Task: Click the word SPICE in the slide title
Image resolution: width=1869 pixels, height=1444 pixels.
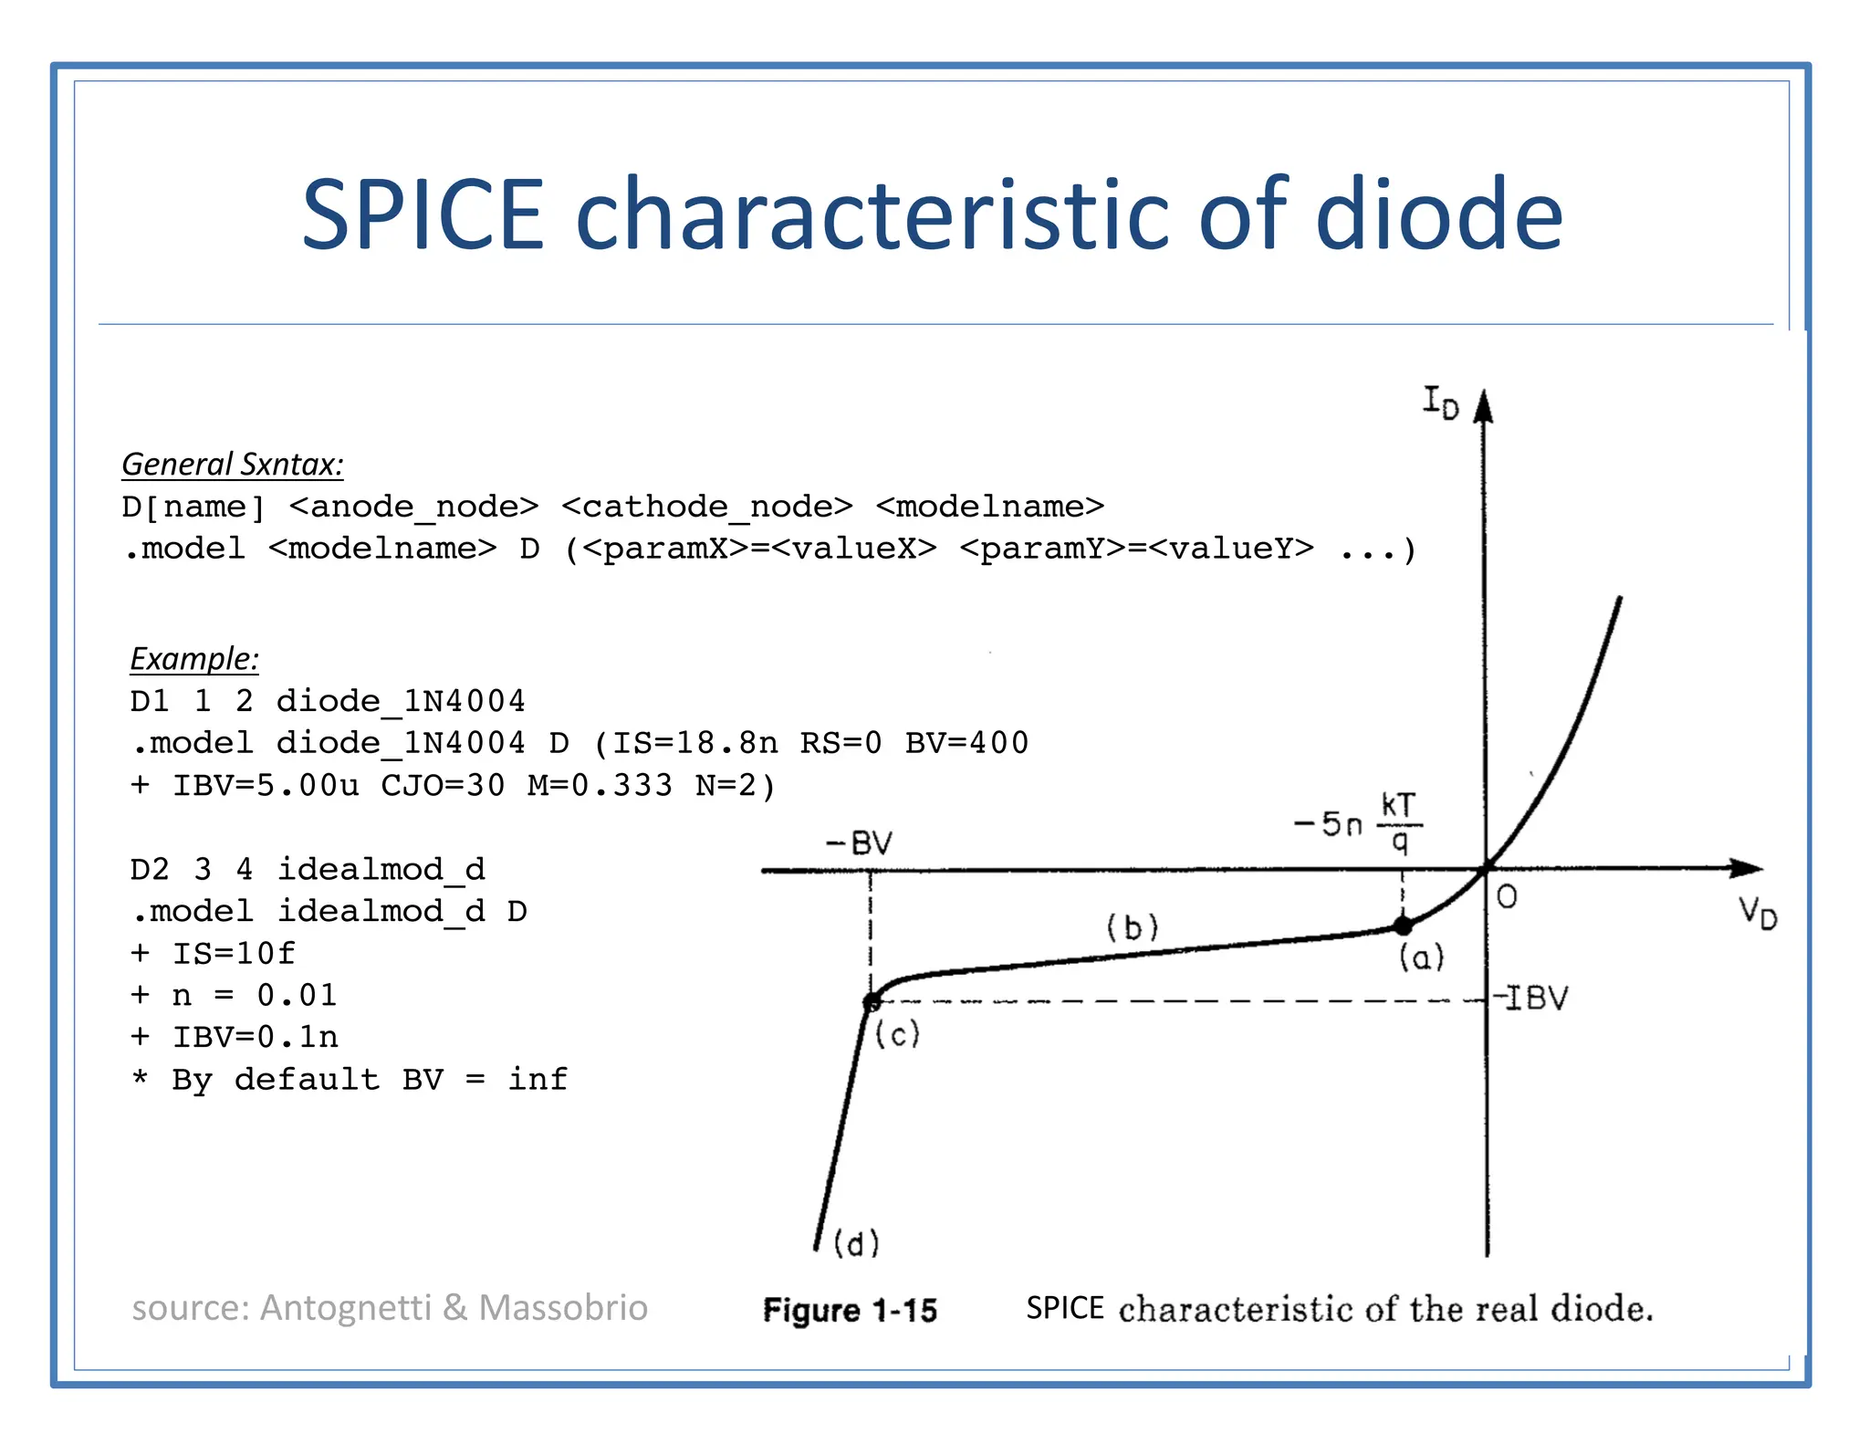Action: (423, 215)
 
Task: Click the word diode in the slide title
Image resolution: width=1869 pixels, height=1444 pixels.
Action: (1439, 215)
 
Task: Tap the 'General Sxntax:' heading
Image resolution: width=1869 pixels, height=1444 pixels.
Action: (233, 465)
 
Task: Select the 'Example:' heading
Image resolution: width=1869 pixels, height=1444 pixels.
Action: (194, 659)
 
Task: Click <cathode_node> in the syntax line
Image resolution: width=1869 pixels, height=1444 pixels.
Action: (707, 507)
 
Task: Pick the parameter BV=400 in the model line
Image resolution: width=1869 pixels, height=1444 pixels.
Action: (966, 743)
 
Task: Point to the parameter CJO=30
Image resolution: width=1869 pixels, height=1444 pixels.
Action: (443, 785)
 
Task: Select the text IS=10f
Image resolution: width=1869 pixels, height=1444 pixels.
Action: (234, 953)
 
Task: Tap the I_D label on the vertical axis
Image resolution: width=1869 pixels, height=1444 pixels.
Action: (1441, 402)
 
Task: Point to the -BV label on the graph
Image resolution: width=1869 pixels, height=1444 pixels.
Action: (859, 842)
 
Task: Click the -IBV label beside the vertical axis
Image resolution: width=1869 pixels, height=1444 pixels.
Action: (1532, 998)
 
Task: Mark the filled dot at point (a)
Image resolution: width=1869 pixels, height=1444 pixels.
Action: (1403, 926)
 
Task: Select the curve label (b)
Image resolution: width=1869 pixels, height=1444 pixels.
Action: (1133, 927)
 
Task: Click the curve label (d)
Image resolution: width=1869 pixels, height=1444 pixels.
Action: (857, 1243)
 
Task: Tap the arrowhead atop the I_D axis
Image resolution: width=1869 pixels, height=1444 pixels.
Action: (1484, 407)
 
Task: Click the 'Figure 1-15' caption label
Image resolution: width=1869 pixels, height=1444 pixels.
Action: (851, 1311)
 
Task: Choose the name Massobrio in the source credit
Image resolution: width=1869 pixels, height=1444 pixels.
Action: (563, 1308)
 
